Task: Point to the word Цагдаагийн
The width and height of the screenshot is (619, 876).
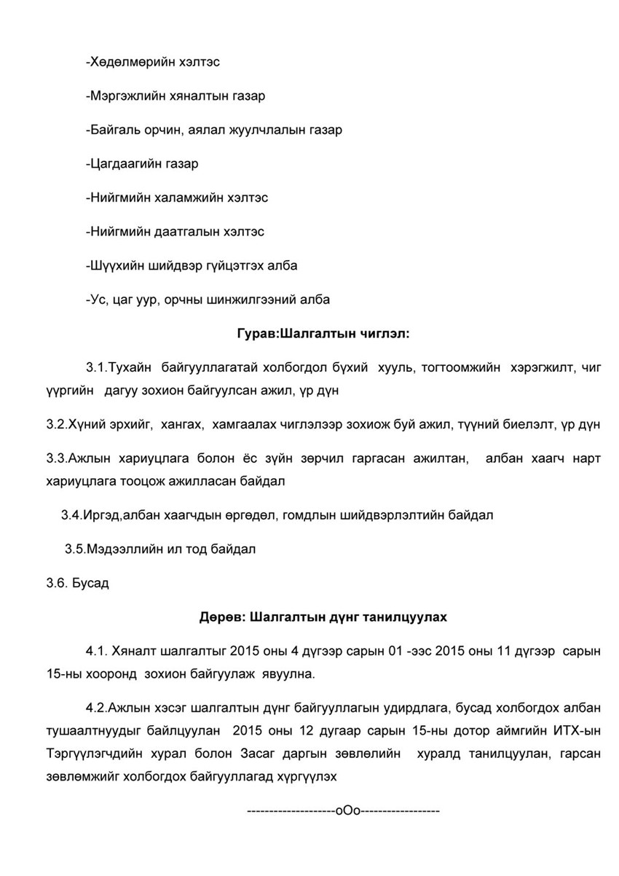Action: (x=125, y=164)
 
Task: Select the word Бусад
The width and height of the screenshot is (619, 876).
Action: (x=90, y=583)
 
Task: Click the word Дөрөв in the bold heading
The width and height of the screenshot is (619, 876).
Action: (x=221, y=617)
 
